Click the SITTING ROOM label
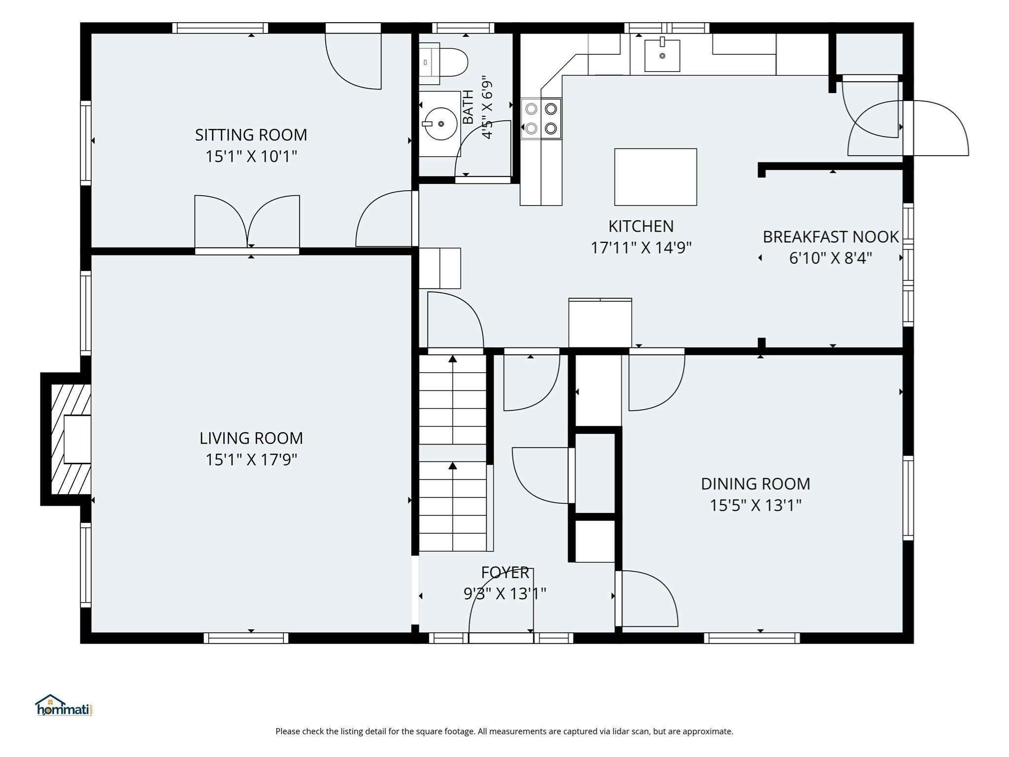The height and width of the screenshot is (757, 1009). [251, 135]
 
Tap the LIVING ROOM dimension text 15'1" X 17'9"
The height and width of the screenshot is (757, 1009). [251, 460]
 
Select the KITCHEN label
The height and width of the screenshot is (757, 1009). [641, 226]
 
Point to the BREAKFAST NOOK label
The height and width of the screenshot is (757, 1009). [831, 237]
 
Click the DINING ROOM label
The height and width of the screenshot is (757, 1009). [755, 484]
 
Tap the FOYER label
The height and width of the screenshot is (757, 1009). [505, 573]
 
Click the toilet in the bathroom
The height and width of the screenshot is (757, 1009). [443, 62]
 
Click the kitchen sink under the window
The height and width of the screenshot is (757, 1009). [662, 55]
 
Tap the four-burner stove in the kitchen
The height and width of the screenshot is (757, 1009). [541, 119]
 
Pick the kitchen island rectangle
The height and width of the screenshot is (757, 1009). [655, 177]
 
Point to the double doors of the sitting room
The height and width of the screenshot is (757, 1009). [247, 222]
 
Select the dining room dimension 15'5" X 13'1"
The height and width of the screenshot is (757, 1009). [755, 506]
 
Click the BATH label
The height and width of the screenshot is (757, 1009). [468, 107]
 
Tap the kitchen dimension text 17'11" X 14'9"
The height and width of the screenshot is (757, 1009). [641, 247]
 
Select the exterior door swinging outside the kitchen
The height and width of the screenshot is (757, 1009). [936, 128]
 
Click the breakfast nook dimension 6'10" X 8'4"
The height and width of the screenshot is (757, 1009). [831, 258]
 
